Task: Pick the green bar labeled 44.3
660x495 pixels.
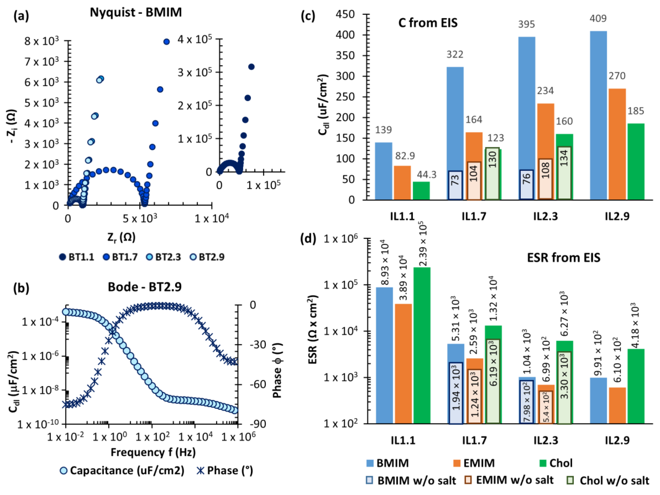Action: click(421, 190)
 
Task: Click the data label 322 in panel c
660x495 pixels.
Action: click(455, 54)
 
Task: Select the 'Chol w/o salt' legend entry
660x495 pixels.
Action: click(609, 480)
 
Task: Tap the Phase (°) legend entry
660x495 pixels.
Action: click(225, 470)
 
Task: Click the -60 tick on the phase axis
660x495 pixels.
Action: click(258, 384)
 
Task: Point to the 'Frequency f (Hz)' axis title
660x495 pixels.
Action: click(153, 452)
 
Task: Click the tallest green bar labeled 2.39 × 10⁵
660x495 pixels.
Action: click(421, 345)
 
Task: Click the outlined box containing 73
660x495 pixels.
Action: click(455, 185)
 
